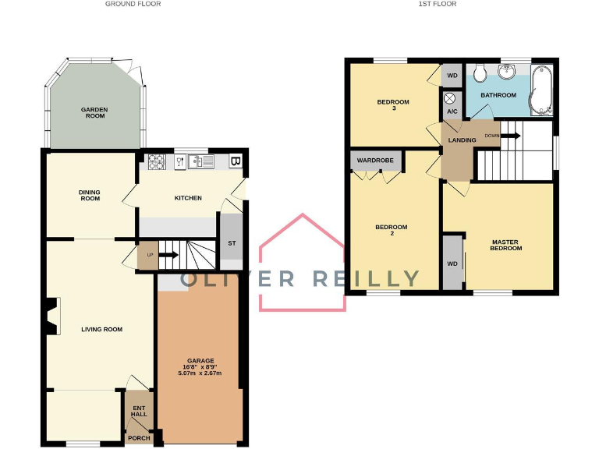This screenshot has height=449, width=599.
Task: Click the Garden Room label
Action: tap(94, 112)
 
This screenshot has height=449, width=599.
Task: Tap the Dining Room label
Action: tap(90, 195)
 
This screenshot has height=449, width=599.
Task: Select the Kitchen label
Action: tap(187, 198)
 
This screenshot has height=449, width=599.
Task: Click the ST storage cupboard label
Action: tap(231, 243)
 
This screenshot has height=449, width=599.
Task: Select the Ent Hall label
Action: tap(139, 411)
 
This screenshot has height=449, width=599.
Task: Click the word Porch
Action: tap(139, 438)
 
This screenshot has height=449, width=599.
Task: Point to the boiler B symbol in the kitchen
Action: tap(236, 162)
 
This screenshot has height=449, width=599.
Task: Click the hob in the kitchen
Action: tap(155, 162)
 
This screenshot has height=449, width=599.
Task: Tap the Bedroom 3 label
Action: tap(392, 105)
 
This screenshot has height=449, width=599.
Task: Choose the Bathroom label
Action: tap(498, 95)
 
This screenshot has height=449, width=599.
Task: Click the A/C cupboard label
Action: tap(452, 111)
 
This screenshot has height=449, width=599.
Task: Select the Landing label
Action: tap(463, 140)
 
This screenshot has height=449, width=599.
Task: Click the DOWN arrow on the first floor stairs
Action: tap(507, 136)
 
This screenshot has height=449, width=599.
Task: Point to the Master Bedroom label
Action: tap(505, 245)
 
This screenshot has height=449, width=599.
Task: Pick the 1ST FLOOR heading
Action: tap(438, 4)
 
